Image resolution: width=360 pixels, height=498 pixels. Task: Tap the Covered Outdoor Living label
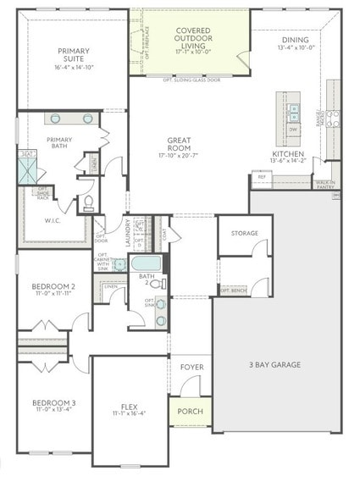(x=192, y=38)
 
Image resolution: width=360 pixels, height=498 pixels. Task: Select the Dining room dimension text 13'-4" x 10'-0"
(x=296, y=47)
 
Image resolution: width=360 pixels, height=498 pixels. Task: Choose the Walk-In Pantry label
(x=324, y=184)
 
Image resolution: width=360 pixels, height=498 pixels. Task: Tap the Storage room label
(x=245, y=233)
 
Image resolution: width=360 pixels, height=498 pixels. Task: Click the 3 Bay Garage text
(x=274, y=365)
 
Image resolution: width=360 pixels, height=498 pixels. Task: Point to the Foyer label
(x=192, y=367)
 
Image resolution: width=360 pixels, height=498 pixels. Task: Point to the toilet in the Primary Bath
(x=86, y=203)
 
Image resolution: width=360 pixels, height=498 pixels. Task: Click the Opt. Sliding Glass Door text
(x=191, y=79)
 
